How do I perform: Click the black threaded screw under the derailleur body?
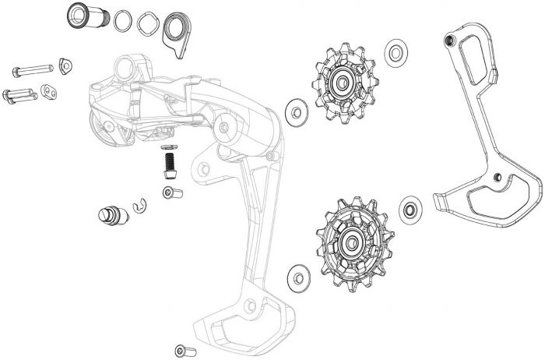(x=168, y=162)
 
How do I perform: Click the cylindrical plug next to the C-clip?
(x=108, y=214)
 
